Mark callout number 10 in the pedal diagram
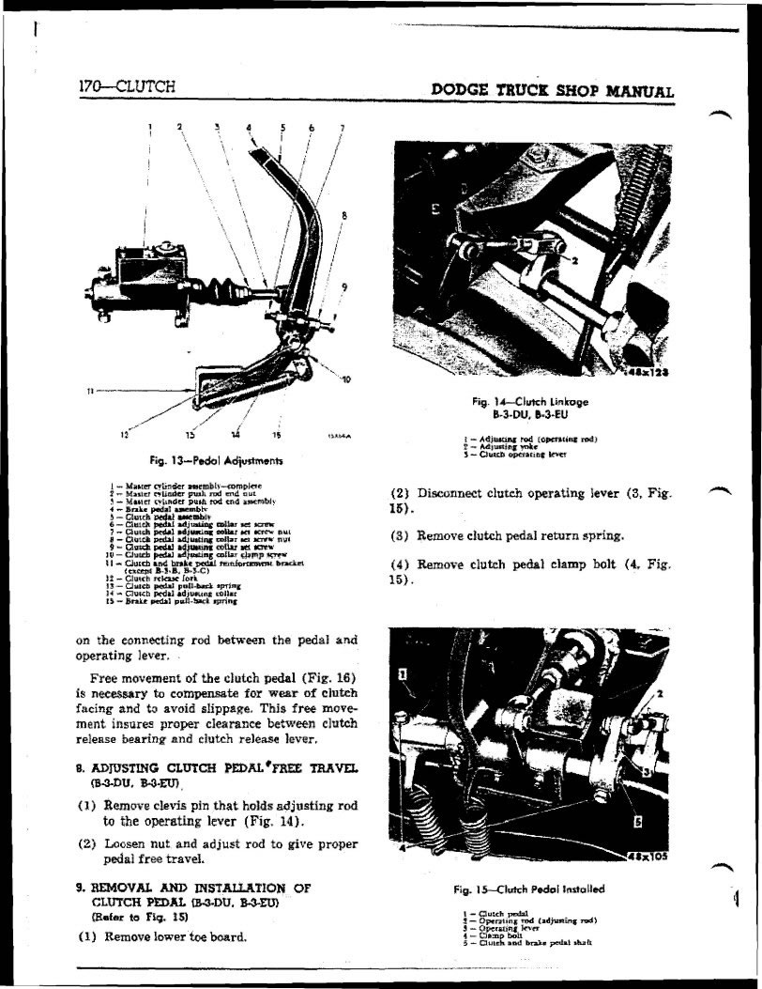click(346, 379)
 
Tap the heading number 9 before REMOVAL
click(79, 887)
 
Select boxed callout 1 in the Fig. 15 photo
click(403, 672)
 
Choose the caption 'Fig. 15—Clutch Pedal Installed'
click(529, 889)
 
